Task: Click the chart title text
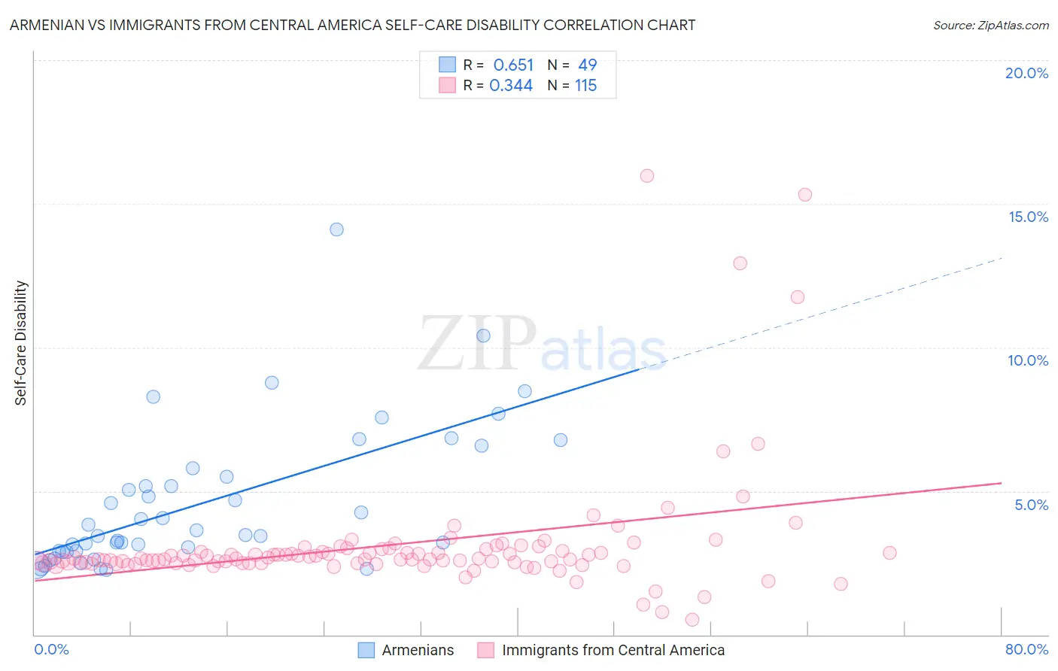352,26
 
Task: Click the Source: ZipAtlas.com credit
990,26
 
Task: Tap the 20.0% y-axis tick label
1026,73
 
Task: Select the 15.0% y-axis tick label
1028,217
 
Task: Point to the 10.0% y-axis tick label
1028,360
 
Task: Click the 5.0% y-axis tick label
1031,505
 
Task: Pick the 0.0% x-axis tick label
51,649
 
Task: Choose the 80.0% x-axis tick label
1026,649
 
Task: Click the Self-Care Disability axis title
21,343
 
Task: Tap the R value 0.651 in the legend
513,65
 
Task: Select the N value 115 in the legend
585,86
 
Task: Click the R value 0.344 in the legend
511,86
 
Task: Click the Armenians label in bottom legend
418,650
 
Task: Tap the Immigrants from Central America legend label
613,650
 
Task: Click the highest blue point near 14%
336,229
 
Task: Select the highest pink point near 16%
647,176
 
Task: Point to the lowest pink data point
692,620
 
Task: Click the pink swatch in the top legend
448,85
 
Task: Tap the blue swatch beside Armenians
366,650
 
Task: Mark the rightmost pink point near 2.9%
889,553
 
